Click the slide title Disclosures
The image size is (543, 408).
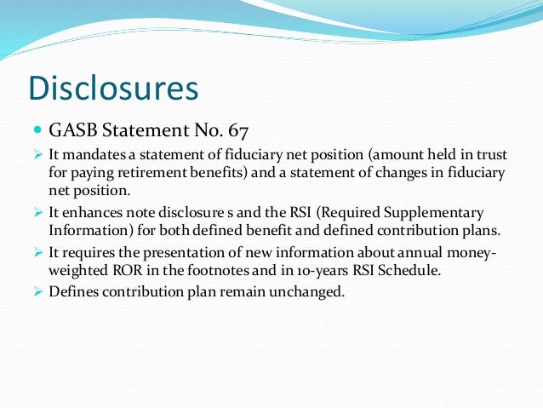113,88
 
